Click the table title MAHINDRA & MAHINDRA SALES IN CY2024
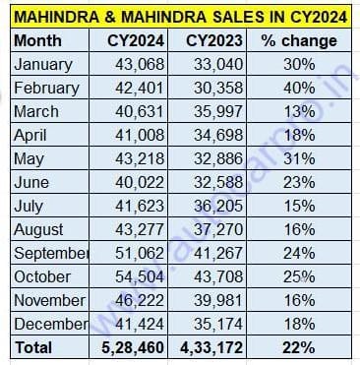(x=179, y=17)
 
